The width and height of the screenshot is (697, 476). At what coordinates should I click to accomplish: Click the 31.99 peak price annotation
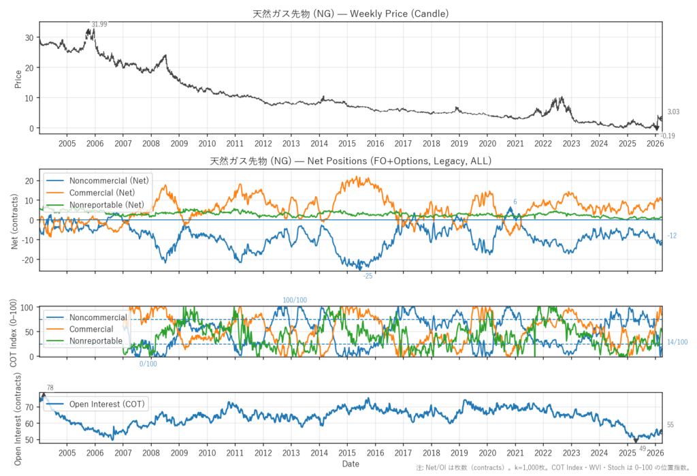[x=99, y=25]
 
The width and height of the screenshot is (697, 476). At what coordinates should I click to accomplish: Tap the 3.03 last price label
[x=673, y=112]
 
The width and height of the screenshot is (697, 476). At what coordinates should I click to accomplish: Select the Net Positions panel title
[x=351, y=161]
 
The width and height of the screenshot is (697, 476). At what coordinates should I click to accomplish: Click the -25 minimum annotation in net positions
[x=368, y=276]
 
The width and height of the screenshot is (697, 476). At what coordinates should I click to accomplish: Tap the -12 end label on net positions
[x=672, y=236]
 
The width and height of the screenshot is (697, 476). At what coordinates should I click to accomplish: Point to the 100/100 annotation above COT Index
[x=295, y=300]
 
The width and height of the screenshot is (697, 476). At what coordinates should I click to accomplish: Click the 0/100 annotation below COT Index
[x=148, y=364]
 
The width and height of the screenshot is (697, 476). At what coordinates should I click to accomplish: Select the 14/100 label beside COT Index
[x=677, y=342]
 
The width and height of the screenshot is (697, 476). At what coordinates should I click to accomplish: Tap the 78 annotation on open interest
[x=50, y=387]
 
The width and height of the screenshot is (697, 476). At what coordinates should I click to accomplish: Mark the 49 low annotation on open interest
[x=643, y=449]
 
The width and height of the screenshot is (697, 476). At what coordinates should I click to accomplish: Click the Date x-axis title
[x=351, y=464]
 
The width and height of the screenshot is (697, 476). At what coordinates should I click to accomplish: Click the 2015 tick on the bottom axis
[x=347, y=453]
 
